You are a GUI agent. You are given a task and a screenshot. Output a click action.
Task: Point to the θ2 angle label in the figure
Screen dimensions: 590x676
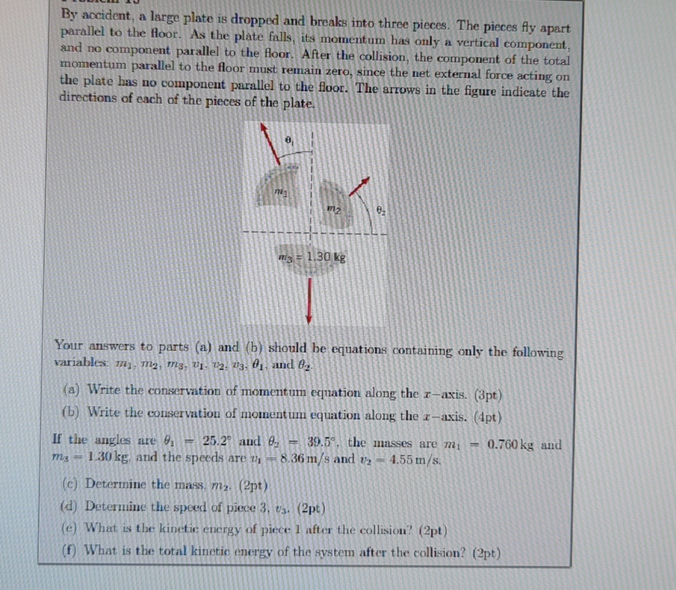coord(381,208)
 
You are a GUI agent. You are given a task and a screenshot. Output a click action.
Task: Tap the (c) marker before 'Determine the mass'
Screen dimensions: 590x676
coord(72,484)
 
